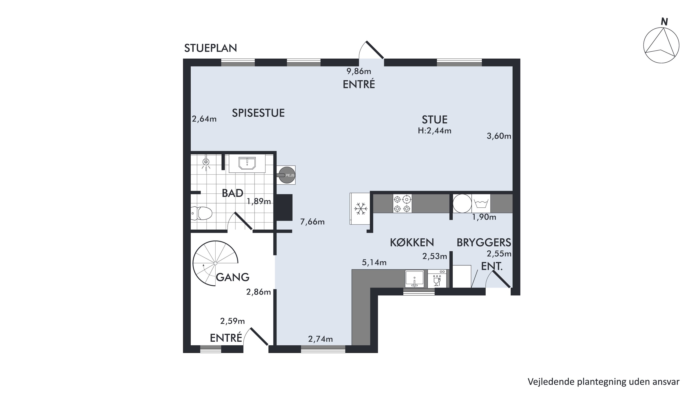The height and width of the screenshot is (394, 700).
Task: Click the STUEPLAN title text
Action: [x=211, y=48]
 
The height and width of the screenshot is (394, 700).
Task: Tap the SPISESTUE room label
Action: [x=258, y=113]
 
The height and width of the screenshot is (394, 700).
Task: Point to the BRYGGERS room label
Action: [x=484, y=243]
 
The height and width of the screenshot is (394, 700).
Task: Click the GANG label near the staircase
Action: [x=233, y=277]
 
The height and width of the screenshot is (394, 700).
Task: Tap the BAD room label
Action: [x=232, y=193]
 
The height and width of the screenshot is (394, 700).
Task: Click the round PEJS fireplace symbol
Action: [x=287, y=175]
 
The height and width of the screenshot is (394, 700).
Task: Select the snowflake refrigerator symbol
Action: [x=360, y=209]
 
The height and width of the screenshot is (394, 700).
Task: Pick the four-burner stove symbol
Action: [x=402, y=204]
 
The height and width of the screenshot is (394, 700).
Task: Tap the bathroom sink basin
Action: [x=247, y=163]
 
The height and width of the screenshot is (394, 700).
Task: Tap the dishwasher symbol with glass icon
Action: [x=437, y=279]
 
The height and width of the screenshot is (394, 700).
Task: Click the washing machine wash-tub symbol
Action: [x=481, y=203]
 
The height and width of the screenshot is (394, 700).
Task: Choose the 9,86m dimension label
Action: [x=359, y=71]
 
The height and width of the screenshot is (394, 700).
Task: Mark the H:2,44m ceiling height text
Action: [x=434, y=131]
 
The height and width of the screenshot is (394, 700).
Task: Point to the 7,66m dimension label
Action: [x=312, y=222]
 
